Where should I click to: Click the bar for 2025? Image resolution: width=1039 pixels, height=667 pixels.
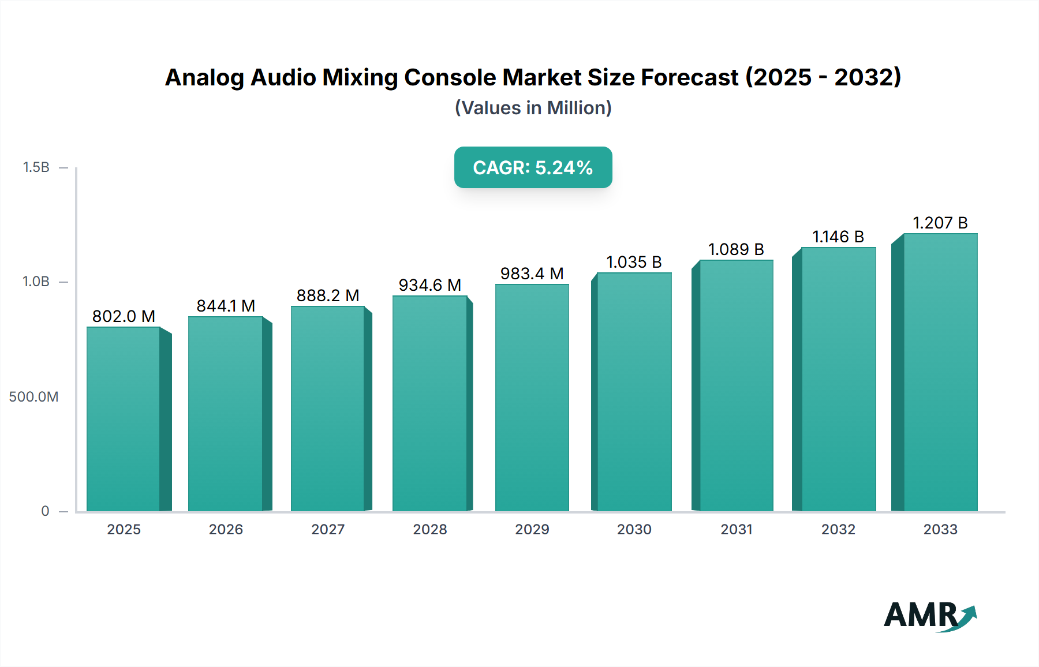124,419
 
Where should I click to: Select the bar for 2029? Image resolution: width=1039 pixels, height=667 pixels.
532,398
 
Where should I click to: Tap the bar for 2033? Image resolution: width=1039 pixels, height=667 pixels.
940,372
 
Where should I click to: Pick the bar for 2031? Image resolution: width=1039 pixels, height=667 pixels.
737,385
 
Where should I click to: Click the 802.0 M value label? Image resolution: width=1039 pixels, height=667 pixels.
124,316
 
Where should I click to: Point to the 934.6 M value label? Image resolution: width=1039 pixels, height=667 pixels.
430,285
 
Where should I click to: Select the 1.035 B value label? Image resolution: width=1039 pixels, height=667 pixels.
634,262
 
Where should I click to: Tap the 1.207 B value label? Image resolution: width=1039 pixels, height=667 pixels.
940,223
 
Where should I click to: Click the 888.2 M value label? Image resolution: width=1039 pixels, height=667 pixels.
328,295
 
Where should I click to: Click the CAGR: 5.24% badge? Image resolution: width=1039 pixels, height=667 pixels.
533,167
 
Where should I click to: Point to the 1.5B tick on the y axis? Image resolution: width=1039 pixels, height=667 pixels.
36,167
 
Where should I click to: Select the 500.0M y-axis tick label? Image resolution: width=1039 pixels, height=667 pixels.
33,397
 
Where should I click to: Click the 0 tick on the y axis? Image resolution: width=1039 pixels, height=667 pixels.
45,511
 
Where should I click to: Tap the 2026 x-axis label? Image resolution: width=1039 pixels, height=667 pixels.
226,529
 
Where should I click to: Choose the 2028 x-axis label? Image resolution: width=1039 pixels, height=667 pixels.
430,529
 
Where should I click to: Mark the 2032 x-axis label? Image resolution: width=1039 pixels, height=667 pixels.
838,529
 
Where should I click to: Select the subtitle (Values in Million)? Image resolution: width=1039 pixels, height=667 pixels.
533,108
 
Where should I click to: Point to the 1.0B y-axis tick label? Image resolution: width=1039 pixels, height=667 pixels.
36,282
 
